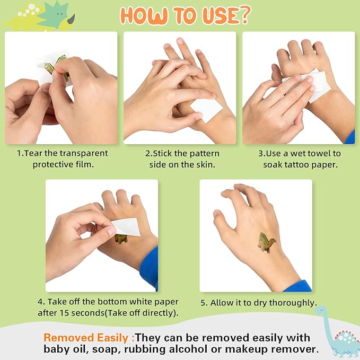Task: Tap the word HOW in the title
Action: (144, 15)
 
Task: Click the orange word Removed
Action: (68, 338)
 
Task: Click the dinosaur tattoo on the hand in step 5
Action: (267, 242)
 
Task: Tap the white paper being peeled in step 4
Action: (125, 227)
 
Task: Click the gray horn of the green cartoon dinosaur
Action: (72, 19)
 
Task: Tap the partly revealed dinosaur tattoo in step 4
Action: (121, 239)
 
